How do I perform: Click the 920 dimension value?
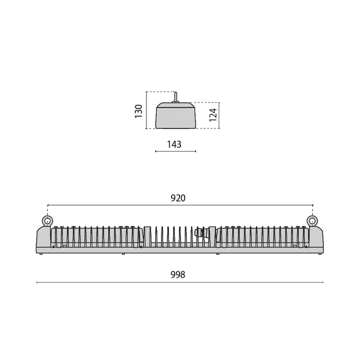pyautogui.click(x=178, y=198)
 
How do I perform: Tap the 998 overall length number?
pyautogui.click(x=178, y=275)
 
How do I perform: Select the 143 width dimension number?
pyautogui.click(x=174, y=145)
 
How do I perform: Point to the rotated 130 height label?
pyautogui.click(x=139, y=111)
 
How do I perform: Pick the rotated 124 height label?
pyautogui.click(x=213, y=115)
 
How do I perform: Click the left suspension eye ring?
pyautogui.click(x=47, y=221)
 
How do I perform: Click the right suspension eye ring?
pyautogui.click(x=312, y=221)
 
